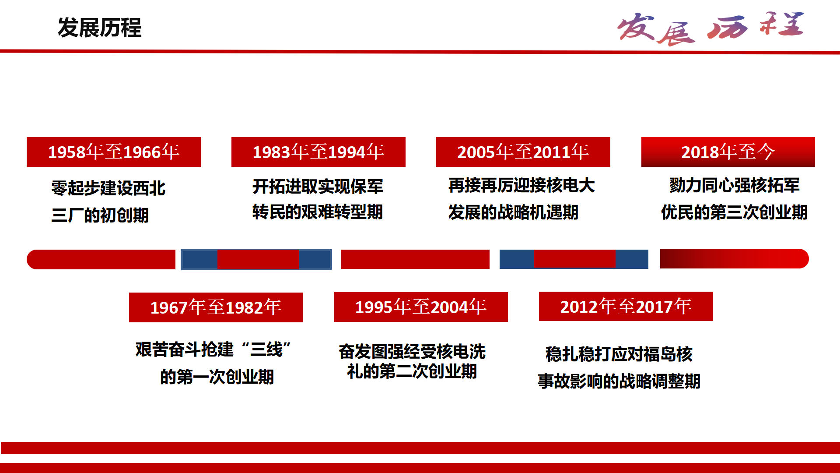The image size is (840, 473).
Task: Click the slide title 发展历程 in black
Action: click(x=99, y=28)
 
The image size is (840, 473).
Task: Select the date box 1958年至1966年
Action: click(x=114, y=152)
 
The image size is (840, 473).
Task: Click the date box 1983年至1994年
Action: click(x=318, y=152)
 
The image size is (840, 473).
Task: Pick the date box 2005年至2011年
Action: click(x=523, y=152)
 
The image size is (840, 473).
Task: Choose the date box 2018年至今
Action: click(x=728, y=152)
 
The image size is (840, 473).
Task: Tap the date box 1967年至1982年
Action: click(x=216, y=307)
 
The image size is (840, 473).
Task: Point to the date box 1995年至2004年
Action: click(x=421, y=307)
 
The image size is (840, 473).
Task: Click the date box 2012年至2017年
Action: click(x=626, y=307)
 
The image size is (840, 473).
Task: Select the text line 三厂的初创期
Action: click(x=100, y=215)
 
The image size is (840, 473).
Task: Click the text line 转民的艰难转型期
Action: click(x=318, y=212)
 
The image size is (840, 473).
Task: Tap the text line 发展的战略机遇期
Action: click(x=514, y=212)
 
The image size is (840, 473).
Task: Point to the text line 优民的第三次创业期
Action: click(x=735, y=212)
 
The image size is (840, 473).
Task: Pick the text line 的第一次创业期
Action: click(x=217, y=377)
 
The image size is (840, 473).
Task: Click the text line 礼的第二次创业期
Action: click(x=412, y=371)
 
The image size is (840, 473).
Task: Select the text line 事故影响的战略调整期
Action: click(x=619, y=381)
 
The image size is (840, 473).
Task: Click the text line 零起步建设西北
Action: click(x=108, y=188)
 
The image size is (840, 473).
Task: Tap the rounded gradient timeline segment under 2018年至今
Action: click(x=735, y=258)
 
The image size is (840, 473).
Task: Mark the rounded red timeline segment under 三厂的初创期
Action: click(x=101, y=259)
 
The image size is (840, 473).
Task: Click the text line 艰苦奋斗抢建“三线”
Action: click(x=213, y=349)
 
